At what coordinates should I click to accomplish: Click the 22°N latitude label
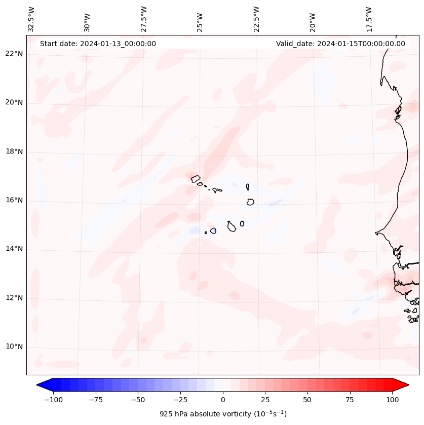point(14,54)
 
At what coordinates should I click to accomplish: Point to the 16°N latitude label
point(14,201)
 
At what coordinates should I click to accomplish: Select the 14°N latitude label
point(14,249)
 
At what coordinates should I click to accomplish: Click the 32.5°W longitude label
point(31,19)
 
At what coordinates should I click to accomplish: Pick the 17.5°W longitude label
point(369,19)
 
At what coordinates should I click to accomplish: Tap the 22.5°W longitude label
point(256,19)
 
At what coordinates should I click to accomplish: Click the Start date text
point(98,44)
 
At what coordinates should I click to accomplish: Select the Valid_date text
point(340,44)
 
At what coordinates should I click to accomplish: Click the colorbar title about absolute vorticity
point(223,414)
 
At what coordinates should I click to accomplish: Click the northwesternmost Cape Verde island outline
point(196,178)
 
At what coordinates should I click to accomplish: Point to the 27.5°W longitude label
point(144,19)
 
